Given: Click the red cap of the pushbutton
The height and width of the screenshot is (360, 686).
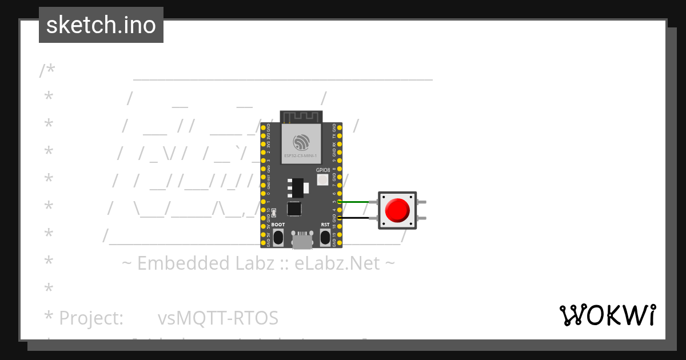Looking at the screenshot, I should point(397,210).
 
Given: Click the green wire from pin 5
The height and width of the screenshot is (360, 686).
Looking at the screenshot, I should point(358,202).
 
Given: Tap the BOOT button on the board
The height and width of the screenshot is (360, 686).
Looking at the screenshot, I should point(278,237).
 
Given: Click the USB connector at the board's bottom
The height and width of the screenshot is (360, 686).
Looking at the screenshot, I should point(302,240).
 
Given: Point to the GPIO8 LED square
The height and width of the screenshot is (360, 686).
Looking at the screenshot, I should point(322,180).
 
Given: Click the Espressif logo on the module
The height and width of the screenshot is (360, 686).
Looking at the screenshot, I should point(301,142).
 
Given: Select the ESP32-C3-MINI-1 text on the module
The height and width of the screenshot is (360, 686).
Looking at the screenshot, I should point(301,155).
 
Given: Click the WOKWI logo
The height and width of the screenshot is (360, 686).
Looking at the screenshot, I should point(607,315).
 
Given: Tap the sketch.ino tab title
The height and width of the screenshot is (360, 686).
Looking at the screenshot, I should point(101,25).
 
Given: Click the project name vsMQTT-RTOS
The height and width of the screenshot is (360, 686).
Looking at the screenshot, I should point(218,318).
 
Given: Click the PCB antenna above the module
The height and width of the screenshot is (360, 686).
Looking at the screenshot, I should point(301,117).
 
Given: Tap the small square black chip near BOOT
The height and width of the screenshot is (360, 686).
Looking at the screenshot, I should point(294,209).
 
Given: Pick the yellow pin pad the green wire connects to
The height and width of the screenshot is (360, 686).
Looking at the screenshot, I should point(340,202).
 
